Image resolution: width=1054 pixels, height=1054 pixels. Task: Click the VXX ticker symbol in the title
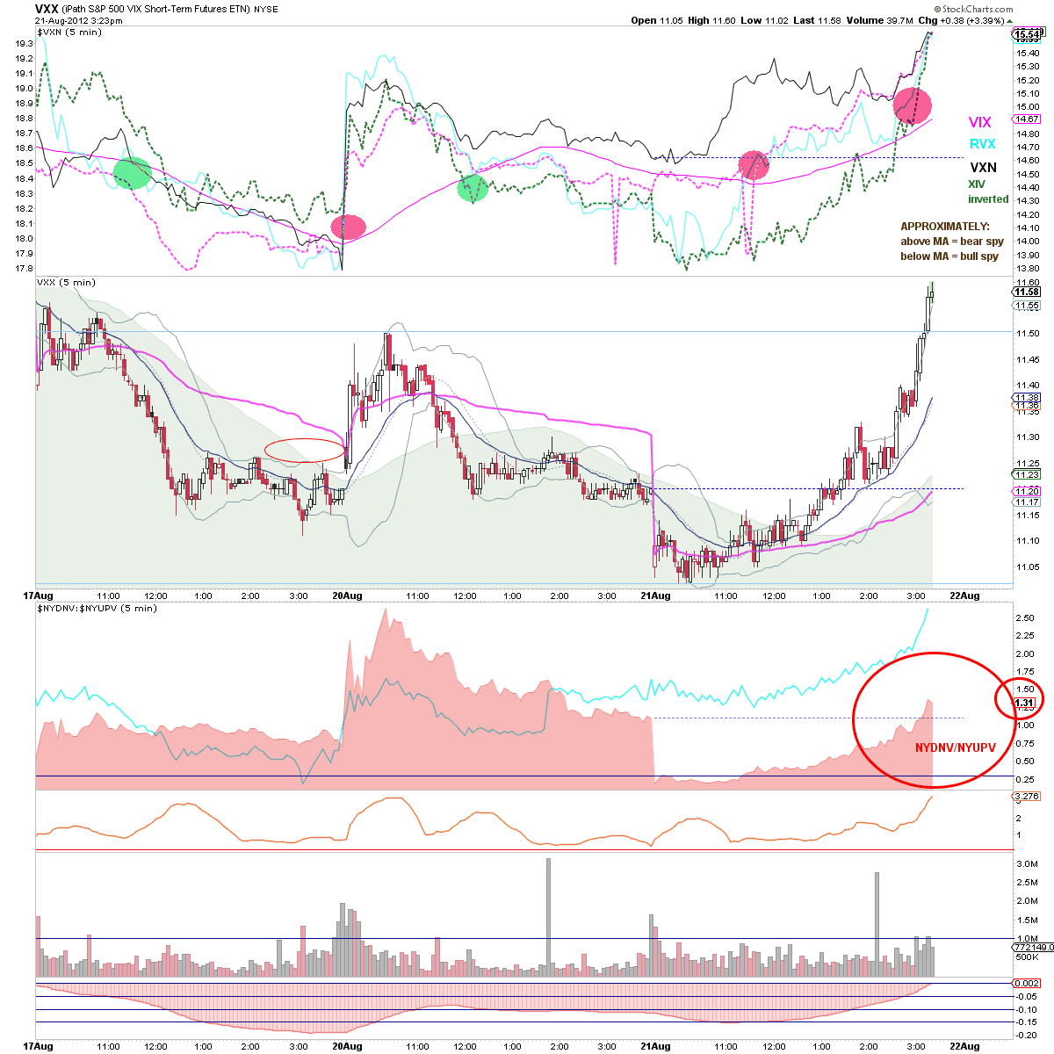coord(47,9)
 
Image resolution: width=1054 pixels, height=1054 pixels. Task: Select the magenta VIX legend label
coord(979,122)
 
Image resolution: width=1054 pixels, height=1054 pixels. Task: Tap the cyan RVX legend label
coord(982,144)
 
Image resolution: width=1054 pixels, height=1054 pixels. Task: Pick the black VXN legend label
coord(984,168)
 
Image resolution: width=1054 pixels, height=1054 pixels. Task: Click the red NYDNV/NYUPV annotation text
coord(955,747)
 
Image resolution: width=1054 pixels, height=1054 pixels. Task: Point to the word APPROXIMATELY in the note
coord(944,227)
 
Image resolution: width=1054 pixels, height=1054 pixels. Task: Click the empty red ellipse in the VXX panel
coord(305,438)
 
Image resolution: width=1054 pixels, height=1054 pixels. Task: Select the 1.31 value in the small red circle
coord(1024,703)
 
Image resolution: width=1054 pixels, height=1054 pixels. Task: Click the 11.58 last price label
coord(1027,292)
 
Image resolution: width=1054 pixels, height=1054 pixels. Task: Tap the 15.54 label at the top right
coord(1026,35)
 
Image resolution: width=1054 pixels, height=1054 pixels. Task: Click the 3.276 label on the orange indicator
coord(1027,796)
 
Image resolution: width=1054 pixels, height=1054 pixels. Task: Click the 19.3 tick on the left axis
coord(24,44)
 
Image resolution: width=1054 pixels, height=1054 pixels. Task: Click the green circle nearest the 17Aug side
coord(133,173)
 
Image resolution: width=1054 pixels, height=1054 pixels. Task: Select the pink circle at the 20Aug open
coord(349,227)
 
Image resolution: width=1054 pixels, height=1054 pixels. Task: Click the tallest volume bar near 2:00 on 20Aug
coord(548,917)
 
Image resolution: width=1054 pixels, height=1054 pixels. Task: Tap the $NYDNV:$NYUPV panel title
coord(97,608)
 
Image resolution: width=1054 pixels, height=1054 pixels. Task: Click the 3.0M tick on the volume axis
coord(1027,863)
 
